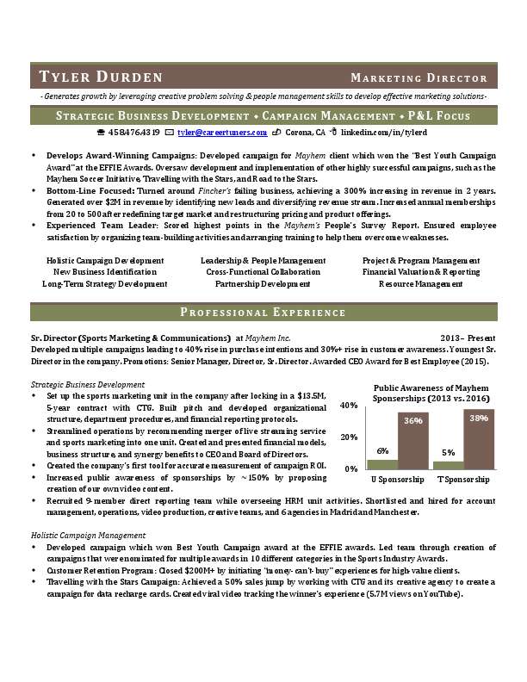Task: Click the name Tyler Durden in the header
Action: click(x=95, y=77)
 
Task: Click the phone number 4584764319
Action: click(x=134, y=133)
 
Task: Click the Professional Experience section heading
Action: click(x=263, y=312)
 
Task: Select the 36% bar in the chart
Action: click(x=412, y=440)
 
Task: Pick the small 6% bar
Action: click(x=382, y=463)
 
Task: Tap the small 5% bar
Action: click(x=448, y=464)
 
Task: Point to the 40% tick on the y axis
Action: click(x=350, y=405)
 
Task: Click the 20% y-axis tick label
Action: click(x=350, y=437)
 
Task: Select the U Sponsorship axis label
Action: click(x=397, y=479)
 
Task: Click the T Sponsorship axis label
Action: click(x=463, y=479)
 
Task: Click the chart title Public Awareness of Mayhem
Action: click(x=431, y=388)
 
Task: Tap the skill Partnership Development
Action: click(x=263, y=283)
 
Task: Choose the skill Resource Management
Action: click(x=421, y=283)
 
